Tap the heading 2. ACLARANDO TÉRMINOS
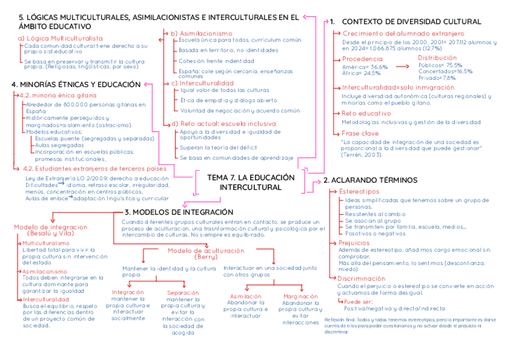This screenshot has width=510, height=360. coord(370,180)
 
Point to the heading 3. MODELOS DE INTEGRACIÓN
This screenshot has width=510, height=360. coord(179,212)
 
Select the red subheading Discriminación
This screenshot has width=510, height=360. coord(361,278)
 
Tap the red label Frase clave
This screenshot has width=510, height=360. coord(360,133)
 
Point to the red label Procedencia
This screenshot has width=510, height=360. coord(362,59)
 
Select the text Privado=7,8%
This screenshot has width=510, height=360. coord(437,78)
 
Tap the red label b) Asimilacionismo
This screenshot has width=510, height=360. coord(201,32)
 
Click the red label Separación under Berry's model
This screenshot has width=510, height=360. coord(182,293)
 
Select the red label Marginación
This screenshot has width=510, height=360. coord(300,296)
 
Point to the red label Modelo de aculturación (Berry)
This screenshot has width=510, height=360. coord(197,254)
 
